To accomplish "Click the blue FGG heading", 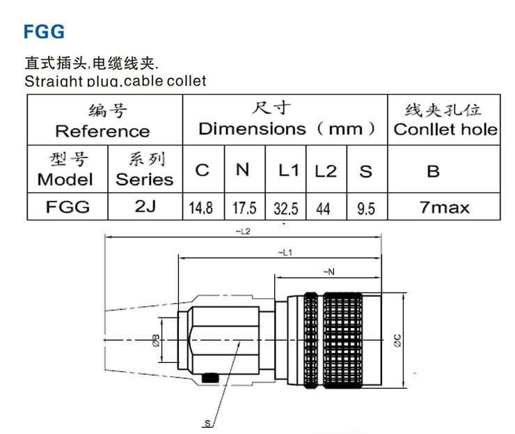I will [x=45, y=31].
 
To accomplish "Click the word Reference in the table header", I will [x=102, y=131].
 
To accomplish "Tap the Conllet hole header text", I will [x=445, y=129].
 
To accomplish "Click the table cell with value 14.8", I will [x=203, y=208].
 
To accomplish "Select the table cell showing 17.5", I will [x=244, y=208].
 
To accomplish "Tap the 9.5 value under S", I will [x=366, y=208].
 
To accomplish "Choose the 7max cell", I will [x=445, y=207].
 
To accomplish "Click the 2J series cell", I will [x=144, y=207].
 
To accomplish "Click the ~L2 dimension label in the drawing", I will [x=243, y=231].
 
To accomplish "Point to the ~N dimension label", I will [x=327, y=272].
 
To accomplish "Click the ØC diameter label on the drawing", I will [x=396, y=339].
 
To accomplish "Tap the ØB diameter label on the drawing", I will [x=155, y=340].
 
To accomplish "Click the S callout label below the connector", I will [x=207, y=424].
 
